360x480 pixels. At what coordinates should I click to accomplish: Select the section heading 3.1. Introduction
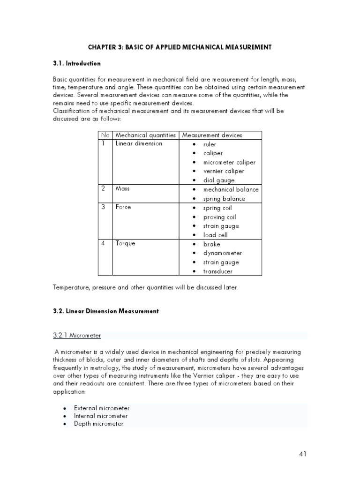click(76, 63)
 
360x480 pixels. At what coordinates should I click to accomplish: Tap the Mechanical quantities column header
click(146, 135)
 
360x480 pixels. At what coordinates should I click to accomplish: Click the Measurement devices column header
click(212, 135)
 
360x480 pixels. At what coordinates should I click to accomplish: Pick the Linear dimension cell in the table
click(139, 143)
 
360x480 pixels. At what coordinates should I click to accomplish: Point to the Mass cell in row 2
click(123, 188)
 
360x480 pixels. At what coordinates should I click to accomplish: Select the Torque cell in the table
click(125, 243)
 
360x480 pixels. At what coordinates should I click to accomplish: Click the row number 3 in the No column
click(104, 207)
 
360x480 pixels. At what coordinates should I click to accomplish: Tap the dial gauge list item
click(219, 180)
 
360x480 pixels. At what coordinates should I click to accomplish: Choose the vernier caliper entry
click(224, 171)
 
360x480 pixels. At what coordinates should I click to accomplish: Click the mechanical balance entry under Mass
click(231, 189)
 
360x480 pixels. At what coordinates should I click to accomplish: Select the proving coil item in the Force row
click(219, 217)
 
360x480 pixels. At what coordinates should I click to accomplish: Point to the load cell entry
click(215, 235)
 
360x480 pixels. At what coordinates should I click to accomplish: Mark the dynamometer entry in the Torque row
click(223, 253)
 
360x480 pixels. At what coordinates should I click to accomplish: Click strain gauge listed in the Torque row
click(221, 262)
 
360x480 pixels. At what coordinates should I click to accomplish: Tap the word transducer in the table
click(217, 271)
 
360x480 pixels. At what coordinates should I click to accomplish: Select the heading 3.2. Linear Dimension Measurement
click(105, 311)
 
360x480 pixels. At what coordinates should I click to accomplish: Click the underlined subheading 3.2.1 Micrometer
click(77, 335)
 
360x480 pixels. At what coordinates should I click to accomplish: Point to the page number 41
click(302, 454)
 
